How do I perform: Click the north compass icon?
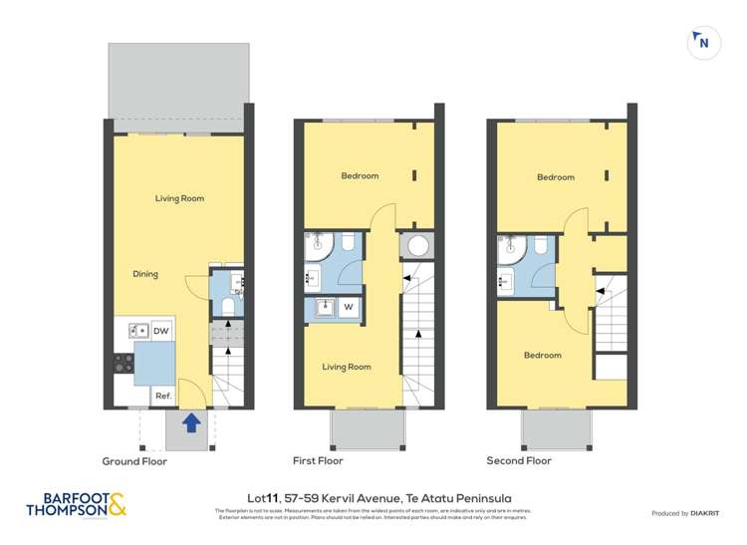click(x=703, y=42)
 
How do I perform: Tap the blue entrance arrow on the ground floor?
click(x=191, y=425)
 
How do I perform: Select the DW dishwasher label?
click(x=161, y=331)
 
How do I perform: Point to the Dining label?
click(x=145, y=274)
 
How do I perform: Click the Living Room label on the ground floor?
click(x=179, y=198)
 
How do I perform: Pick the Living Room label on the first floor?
click(x=346, y=367)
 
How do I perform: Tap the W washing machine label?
click(x=350, y=308)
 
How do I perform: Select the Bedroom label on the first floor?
click(x=360, y=176)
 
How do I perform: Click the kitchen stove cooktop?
click(x=124, y=364)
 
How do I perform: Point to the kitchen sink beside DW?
click(x=137, y=330)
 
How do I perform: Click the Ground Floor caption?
click(x=134, y=461)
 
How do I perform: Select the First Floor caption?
click(x=318, y=461)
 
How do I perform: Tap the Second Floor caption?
click(x=518, y=461)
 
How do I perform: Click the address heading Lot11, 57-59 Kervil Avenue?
click(x=373, y=497)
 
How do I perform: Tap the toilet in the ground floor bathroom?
click(x=226, y=307)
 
